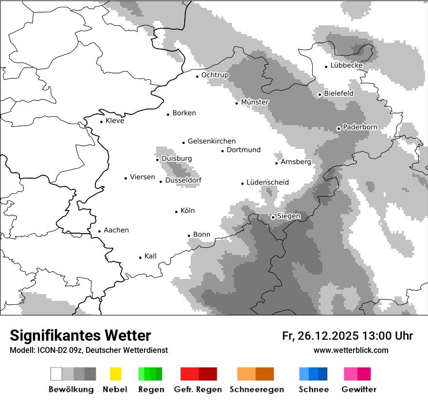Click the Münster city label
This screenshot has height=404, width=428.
[x=255, y=102]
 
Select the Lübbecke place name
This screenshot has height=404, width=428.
[x=346, y=65]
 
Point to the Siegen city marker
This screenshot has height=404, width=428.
[x=273, y=217]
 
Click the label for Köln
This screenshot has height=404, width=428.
[x=187, y=211]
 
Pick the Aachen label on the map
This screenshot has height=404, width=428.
[x=116, y=230]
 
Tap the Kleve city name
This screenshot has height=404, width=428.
[x=115, y=121]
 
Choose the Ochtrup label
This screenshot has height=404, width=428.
[x=214, y=75]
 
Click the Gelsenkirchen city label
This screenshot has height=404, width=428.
[x=212, y=141]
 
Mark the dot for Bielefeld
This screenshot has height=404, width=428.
[x=320, y=94]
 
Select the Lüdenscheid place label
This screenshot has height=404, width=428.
[x=267, y=183]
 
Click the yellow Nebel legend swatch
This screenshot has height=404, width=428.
[x=116, y=374]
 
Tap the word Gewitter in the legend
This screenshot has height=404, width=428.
[x=359, y=389]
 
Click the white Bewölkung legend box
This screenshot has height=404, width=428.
[x=56, y=374]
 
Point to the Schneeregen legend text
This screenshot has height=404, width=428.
[x=256, y=389]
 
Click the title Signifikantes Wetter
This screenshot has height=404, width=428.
[x=80, y=335]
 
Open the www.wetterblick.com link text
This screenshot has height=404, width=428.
[x=351, y=350]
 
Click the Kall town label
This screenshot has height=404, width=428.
[x=150, y=256]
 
